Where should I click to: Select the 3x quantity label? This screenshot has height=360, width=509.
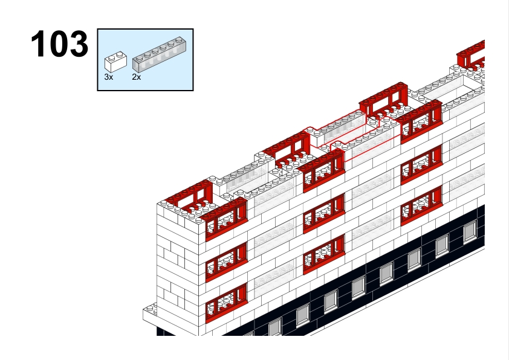[x=108, y=77]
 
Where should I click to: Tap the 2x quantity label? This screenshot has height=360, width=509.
[x=137, y=77]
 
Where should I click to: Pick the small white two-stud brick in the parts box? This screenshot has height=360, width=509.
[x=115, y=62]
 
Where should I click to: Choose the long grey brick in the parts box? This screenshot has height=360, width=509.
[x=159, y=54]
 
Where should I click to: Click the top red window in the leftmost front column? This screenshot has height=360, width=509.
[x=227, y=219]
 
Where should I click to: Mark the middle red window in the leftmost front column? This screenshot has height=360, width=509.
[x=227, y=262]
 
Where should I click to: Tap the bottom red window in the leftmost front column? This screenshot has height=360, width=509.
[x=227, y=303]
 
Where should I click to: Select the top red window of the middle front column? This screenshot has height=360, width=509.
[x=323, y=171]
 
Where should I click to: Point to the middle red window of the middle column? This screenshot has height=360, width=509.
[x=323, y=213]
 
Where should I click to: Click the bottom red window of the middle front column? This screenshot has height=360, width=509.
[x=323, y=254]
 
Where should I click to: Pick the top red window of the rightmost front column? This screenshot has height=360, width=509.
[x=421, y=122]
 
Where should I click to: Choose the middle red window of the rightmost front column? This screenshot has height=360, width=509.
[x=421, y=165]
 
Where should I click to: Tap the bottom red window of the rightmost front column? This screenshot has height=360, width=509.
[x=421, y=205]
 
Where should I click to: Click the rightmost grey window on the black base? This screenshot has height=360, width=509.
[x=470, y=231]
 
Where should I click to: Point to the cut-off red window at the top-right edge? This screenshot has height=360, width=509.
[x=471, y=55]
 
